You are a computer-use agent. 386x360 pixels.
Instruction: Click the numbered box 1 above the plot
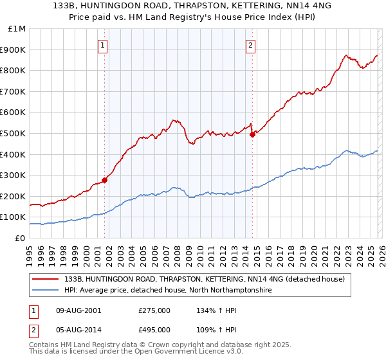(104, 45)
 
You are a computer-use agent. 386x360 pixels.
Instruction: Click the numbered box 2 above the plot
(250, 45)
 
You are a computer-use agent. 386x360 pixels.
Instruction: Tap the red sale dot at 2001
(104, 180)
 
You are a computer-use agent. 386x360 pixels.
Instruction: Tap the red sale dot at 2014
(252, 134)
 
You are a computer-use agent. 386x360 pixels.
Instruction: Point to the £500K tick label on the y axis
(13, 133)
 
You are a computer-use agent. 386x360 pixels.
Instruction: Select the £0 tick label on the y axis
(21, 238)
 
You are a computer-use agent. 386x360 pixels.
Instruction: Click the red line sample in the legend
(46, 279)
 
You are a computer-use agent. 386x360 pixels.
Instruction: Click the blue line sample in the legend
(46, 291)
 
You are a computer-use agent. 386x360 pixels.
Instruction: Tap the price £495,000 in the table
(154, 329)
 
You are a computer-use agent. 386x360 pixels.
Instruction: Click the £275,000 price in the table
(154, 310)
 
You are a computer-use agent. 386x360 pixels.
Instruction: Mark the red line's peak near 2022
(346, 55)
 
